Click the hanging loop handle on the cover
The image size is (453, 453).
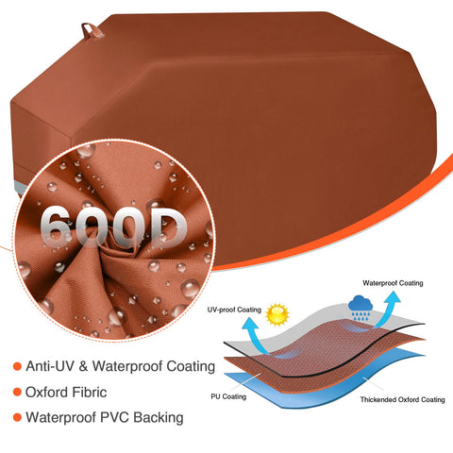click(92, 30)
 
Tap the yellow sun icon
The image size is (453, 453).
click(277, 314)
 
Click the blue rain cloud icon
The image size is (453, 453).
click(361, 308)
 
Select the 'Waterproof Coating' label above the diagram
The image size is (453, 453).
click(393, 283)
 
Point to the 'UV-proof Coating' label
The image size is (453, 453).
click(234, 310)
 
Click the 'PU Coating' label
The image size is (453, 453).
click(228, 396)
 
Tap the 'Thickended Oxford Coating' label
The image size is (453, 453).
click(402, 399)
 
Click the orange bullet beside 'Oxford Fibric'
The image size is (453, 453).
click(17, 393)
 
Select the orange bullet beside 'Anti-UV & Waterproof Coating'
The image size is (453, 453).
click(17, 366)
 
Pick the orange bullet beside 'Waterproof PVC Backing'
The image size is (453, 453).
click(17, 418)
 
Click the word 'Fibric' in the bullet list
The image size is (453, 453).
click(90, 393)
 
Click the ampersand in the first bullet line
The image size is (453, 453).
click(83, 366)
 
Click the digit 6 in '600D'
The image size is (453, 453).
click(58, 226)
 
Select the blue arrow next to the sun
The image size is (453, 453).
click(256, 336)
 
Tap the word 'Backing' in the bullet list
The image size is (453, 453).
click(159, 418)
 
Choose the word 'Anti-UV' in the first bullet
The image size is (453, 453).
click(50, 366)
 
